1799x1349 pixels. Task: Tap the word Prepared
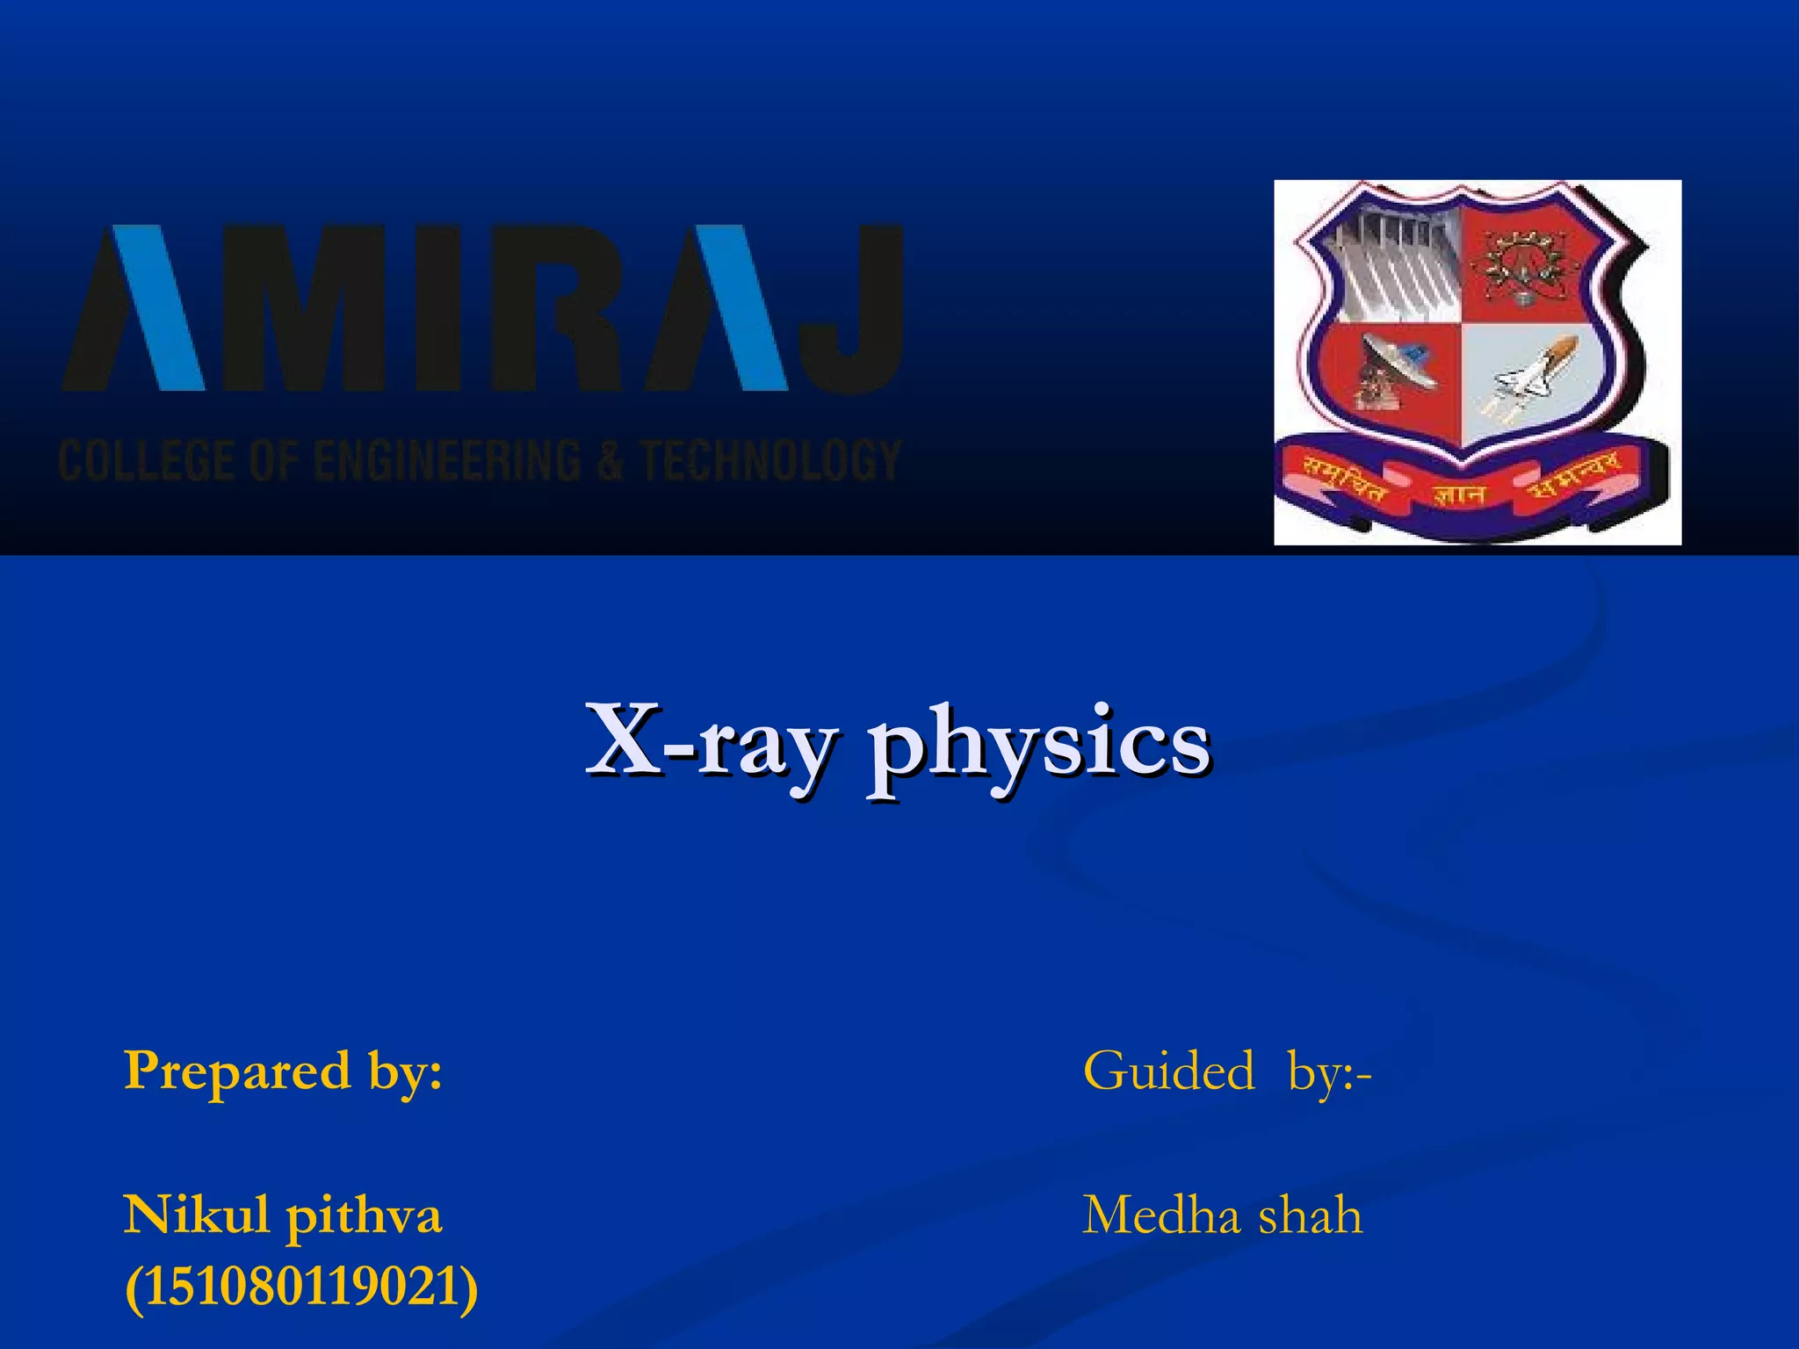point(237,1071)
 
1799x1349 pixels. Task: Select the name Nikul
point(196,1216)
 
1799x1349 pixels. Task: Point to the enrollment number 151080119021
point(301,1288)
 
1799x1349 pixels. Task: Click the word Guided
point(1168,1071)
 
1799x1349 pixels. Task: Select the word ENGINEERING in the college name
point(446,461)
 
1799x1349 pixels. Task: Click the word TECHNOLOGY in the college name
point(770,461)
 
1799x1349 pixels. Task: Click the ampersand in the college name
point(609,461)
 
